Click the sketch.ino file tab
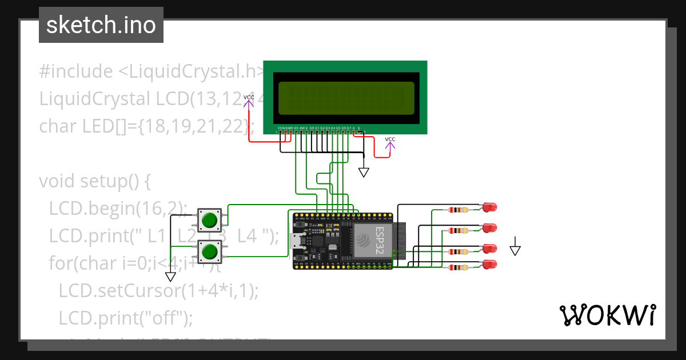tap(101, 25)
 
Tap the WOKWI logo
tap(607, 315)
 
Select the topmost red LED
tap(489, 206)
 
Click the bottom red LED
tap(489, 265)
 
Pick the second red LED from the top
tap(489, 227)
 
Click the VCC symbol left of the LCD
tap(249, 101)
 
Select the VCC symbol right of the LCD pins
tap(390, 143)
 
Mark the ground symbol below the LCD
tap(364, 171)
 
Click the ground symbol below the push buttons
tap(170, 277)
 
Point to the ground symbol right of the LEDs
tap(516, 249)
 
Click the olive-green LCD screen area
tap(346, 98)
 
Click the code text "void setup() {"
tap(95, 181)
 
